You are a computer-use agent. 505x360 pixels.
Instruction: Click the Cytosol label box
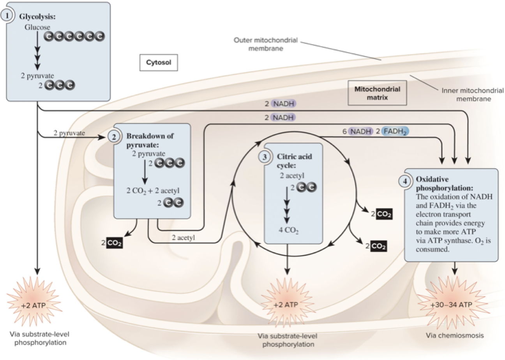(x=159, y=62)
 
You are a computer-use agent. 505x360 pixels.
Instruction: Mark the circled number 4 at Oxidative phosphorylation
(x=406, y=182)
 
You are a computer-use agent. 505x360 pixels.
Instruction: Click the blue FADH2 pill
(x=395, y=131)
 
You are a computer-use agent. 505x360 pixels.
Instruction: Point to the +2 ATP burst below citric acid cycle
(x=287, y=304)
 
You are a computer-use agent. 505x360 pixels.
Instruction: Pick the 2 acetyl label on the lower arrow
(x=183, y=237)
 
